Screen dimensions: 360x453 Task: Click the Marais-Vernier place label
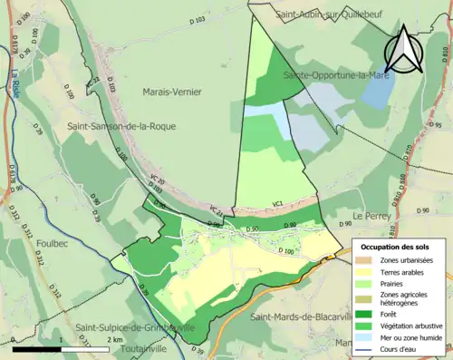[172, 92]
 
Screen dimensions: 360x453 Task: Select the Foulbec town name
[24, 243]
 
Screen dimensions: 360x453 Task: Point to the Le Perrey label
[371, 216]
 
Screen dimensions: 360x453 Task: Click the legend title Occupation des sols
[397, 247]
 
